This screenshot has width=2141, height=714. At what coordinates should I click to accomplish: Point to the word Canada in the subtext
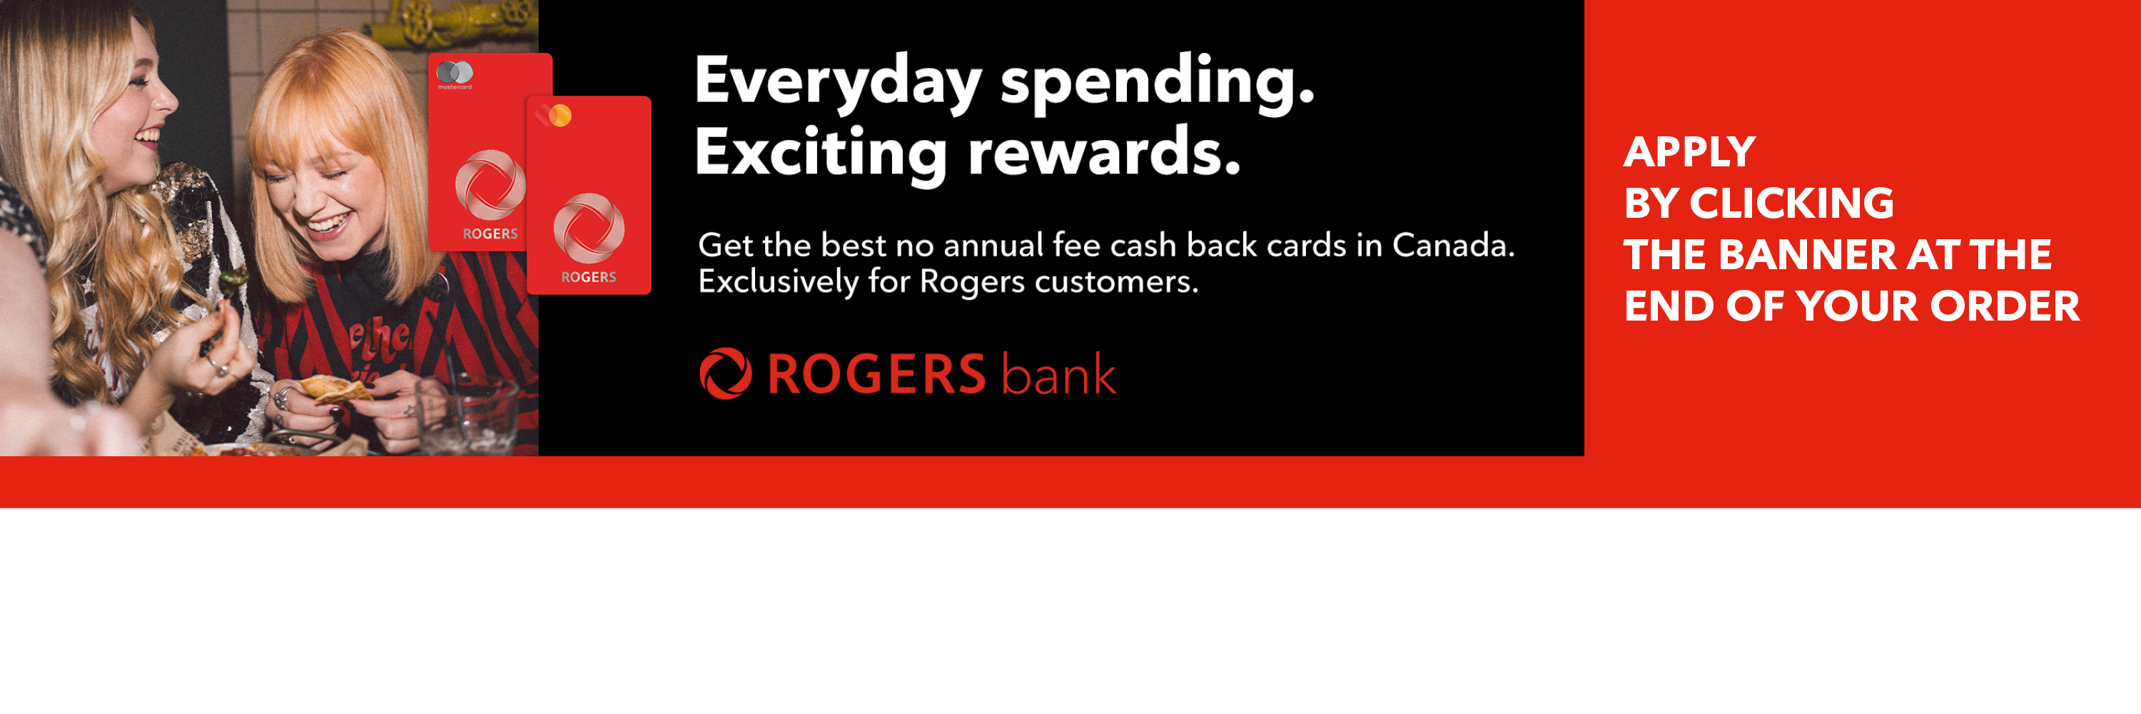(x=1453, y=245)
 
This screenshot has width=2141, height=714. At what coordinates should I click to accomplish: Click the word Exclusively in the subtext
(x=777, y=282)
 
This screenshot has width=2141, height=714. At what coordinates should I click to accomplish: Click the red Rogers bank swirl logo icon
(x=726, y=374)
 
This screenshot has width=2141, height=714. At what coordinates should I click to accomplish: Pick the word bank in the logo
(x=1058, y=373)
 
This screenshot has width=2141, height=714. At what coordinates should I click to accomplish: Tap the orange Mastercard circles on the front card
(x=555, y=115)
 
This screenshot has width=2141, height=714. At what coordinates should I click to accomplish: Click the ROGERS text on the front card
(x=589, y=277)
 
